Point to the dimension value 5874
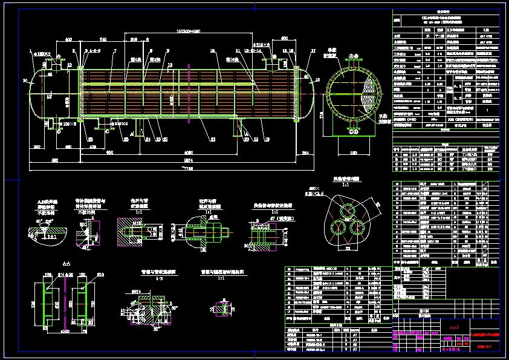tap(189, 160)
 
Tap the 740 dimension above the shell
tap(103, 39)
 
